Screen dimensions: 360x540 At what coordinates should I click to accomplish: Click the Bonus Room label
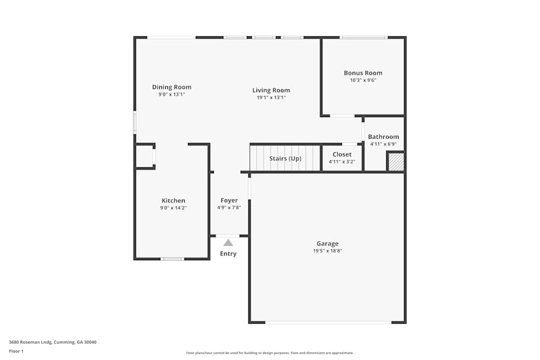[363, 73]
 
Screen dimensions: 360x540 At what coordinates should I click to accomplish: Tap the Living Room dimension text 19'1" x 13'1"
[271, 98]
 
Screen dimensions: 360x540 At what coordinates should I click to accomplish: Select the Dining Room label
[172, 87]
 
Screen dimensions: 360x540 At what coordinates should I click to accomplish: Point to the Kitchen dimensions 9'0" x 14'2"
[173, 208]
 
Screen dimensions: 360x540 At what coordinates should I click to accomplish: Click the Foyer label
[229, 200]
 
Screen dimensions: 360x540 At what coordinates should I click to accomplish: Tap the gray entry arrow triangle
[228, 243]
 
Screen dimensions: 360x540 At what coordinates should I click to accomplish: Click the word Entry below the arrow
[228, 254]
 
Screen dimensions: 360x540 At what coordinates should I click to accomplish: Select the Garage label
[327, 243]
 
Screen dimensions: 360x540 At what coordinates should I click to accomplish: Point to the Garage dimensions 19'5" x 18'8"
[327, 250]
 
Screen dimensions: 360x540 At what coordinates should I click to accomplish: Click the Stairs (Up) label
[285, 159]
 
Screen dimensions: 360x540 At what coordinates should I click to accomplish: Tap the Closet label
[342, 154]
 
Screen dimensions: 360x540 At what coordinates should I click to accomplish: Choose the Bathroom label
[383, 137]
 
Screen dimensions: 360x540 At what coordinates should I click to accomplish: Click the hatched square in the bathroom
[396, 162]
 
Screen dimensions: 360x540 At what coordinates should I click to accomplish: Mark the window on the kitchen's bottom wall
[172, 259]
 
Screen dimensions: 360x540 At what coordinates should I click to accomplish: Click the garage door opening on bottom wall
[328, 322]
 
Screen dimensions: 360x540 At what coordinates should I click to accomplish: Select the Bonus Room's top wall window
[363, 37]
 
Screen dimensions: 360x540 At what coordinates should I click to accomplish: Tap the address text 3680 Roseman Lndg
[52, 342]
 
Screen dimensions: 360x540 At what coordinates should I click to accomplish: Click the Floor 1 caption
[16, 351]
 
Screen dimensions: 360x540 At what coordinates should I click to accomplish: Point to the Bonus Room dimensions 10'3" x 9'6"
[363, 80]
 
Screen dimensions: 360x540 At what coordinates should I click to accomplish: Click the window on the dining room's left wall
[135, 122]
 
